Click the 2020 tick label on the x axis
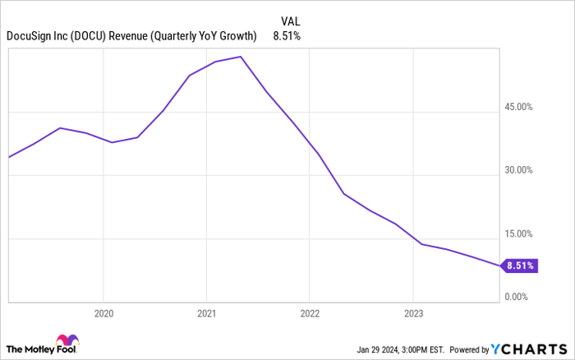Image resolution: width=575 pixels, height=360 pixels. [x=103, y=312]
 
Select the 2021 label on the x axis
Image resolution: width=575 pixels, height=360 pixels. [x=206, y=312]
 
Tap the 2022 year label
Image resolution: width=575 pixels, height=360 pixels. [x=310, y=312]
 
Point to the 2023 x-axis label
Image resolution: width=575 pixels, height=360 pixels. [x=413, y=312]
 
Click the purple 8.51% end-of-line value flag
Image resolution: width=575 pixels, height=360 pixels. [x=521, y=265]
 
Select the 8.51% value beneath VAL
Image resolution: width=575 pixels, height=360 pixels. [x=287, y=35]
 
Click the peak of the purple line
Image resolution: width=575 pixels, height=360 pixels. [x=239, y=57]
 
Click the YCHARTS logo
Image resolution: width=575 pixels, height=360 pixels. [x=529, y=348]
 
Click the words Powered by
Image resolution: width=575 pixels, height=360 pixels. [x=465, y=348]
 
